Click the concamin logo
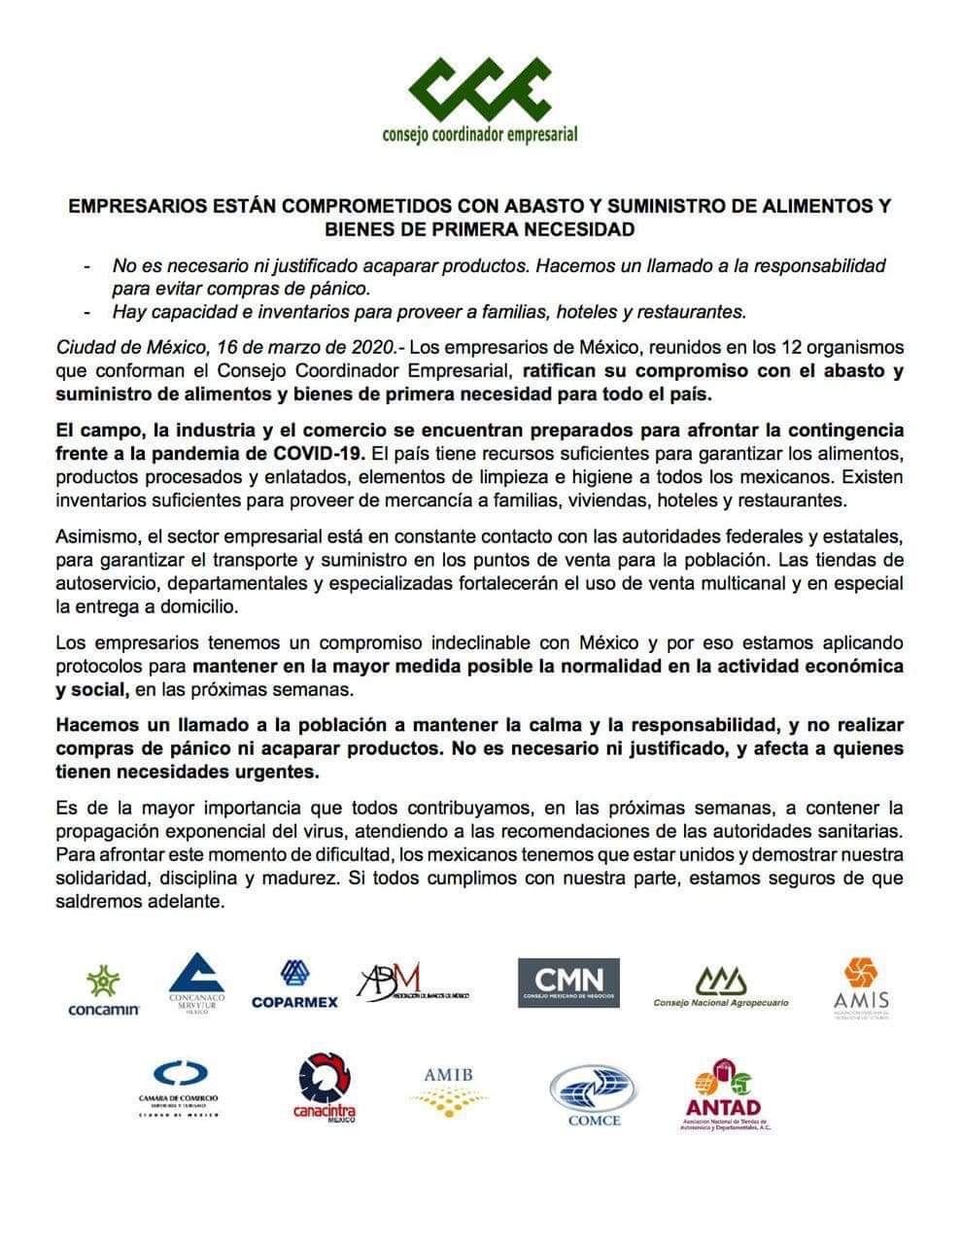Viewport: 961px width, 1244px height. [104, 992]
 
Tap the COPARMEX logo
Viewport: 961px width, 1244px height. [294, 984]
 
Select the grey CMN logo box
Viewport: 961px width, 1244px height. [568, 983]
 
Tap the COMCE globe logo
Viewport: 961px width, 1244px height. [594, 1094]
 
